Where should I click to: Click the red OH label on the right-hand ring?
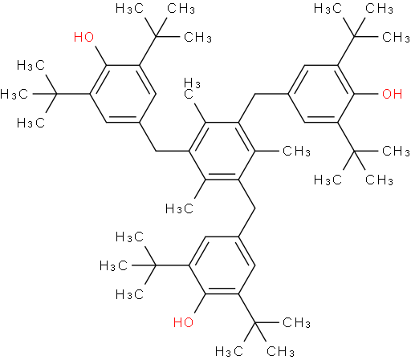click(x=392, y=94)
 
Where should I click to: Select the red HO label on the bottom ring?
click(x=183, y=322)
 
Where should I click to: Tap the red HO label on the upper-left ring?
click(x=83, y=37)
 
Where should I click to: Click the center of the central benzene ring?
click(x=222, y=151)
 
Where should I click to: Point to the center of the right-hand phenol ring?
click(x=321, y=94)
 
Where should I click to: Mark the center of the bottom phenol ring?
click(x=222, y=265)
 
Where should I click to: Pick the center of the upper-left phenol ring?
click(x=123, y=94)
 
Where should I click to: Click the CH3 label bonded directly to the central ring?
click(x=296, y=152)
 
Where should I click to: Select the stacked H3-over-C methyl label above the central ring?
click(x=191, y=88)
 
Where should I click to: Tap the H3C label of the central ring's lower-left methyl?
click(x=179, y=208)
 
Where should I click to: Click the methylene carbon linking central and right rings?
click(x=255, y=94)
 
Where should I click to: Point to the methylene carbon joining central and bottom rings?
click(x=255, y=208)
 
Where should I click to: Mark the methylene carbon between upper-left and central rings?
click(x=156, y=151)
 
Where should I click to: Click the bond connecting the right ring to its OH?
click(x=366, y=94)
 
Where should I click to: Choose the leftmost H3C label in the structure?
click(x=14, y=95)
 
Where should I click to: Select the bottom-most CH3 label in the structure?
click(x=280, y=351)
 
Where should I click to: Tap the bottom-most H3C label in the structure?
click(x=229, y=351)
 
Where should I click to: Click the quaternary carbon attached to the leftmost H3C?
click(x=57, y=94)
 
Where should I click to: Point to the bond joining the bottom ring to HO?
click(x=200, y=303)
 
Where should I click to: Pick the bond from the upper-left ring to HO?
click(x=101, y=55)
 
